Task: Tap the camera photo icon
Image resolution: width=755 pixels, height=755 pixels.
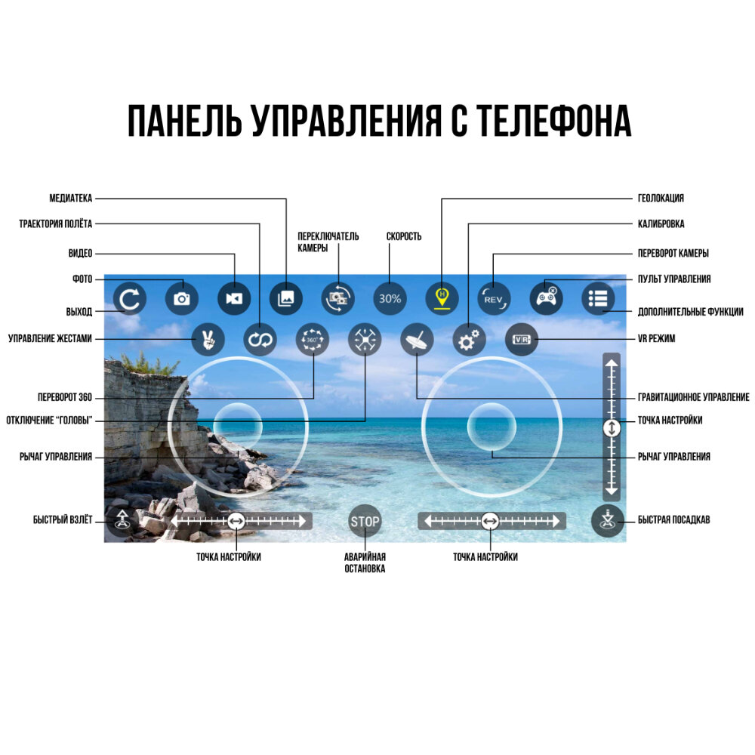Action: (x=181, y=298)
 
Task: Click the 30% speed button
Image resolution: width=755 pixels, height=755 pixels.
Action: (x=390, y=298)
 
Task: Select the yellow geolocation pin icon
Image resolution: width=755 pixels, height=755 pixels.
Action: (x=442, y=298)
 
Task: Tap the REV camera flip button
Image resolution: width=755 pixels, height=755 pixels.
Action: (x=494, y=298)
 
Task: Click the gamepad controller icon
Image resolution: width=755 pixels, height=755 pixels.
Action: (x=546, y=298)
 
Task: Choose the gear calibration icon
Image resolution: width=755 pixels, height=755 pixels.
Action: (x=468, y=341)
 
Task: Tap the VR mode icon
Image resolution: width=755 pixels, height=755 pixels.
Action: (x=521, y=340)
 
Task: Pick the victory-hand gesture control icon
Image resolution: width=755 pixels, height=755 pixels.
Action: (x=207, y=341)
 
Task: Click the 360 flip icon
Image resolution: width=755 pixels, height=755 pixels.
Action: (x=312, y=341)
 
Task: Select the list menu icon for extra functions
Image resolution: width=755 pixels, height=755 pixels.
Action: (x=598, y=298)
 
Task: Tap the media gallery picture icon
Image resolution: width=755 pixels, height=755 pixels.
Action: (x=286, y=298)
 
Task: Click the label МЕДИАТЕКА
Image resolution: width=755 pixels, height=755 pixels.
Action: (x=70, y=199)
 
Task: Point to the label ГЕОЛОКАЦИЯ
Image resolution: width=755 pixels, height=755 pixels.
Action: (x=661, y=199)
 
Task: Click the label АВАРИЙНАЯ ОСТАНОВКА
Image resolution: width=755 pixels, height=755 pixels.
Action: (x=365, y=562)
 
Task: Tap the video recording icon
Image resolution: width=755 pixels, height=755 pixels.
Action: (x=234, y=298)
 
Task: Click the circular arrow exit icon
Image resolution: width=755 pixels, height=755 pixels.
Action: (x=130, y=298)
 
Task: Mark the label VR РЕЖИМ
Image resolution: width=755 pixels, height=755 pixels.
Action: (x=656, y=339)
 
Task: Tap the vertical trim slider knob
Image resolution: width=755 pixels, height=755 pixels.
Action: (x=612, y=427)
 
